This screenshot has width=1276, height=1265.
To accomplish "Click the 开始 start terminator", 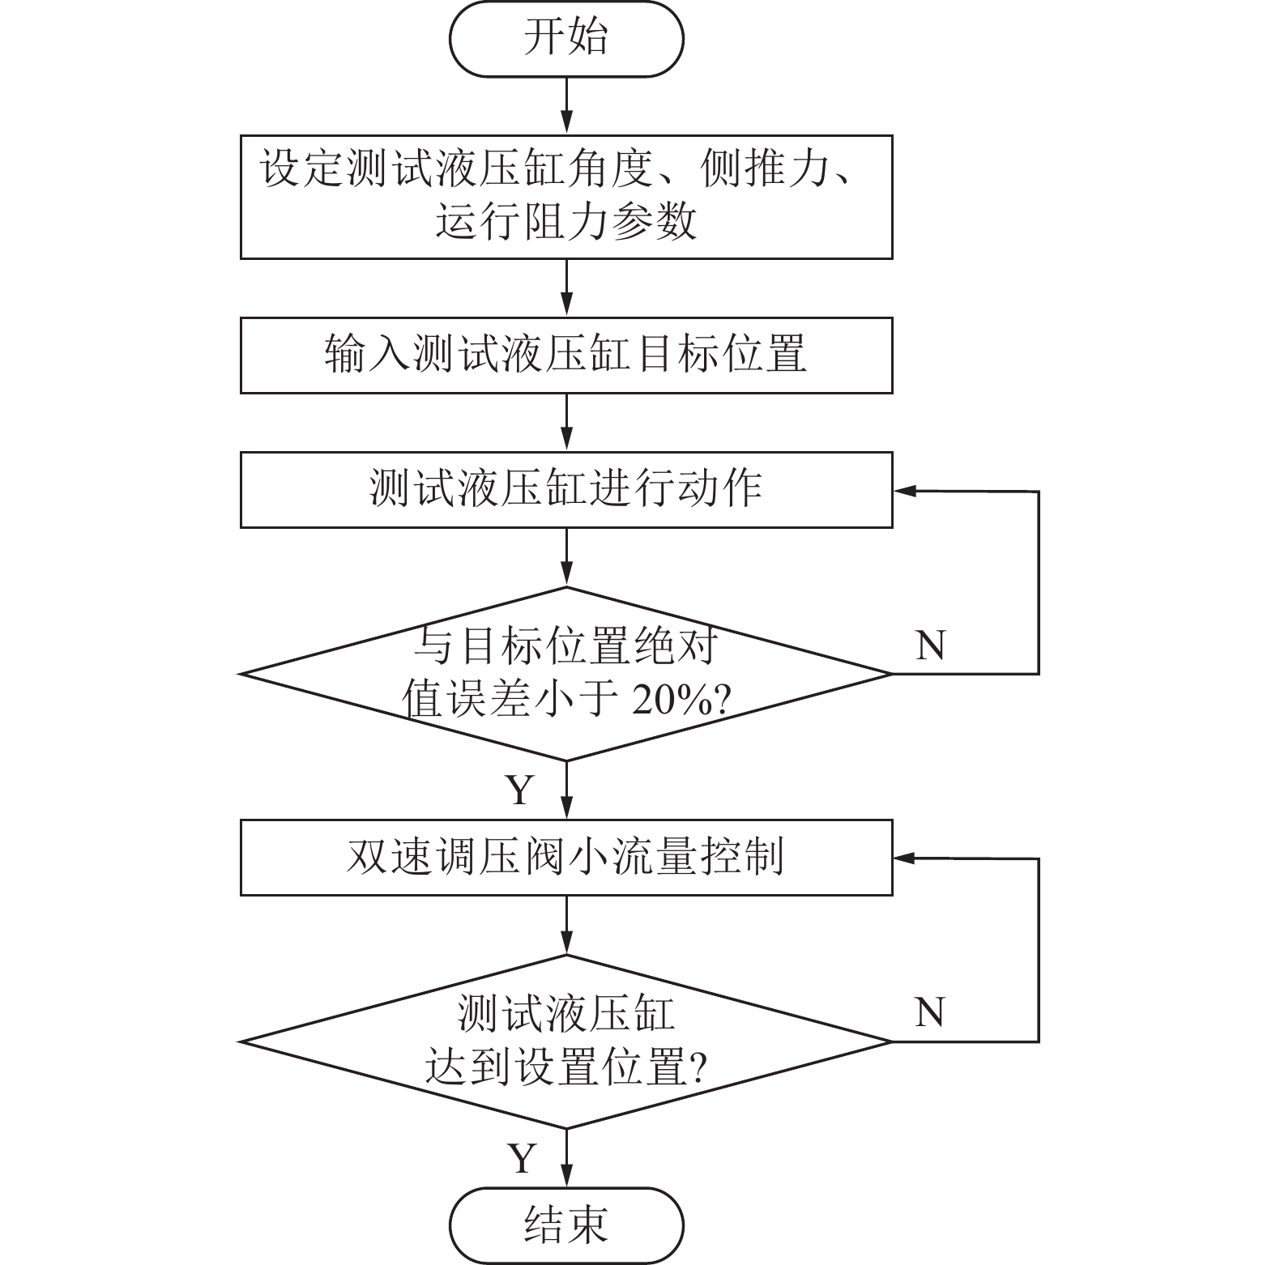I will coord(566,39).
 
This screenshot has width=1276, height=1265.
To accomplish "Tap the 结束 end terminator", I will coord(566,1225).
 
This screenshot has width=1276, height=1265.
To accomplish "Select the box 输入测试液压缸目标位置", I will coord(566,355).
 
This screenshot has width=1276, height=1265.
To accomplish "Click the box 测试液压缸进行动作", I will coord(566,489).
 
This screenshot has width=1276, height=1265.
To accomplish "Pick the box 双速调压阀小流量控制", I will coord(566,857).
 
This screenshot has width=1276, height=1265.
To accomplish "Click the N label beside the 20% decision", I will coord(930,645).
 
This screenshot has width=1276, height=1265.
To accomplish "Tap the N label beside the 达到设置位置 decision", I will coord(930,1012).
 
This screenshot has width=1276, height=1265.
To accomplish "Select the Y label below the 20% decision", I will coord(520,789).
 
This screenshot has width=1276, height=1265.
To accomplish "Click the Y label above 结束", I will coord(522,1158).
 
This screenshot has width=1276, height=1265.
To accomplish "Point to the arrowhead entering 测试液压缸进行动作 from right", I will coord(903,491).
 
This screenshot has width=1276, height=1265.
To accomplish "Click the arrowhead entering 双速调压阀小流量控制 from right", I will coord(903,858).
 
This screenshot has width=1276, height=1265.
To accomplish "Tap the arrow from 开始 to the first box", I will coord(566,106).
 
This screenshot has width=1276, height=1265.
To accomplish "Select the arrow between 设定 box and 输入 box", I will coord(566,287).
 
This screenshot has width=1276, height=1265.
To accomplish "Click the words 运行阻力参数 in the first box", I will coord(566,221).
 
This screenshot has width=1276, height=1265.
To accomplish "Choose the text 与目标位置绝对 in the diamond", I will coord(566,647).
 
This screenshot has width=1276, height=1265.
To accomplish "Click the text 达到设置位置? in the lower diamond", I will coord(566,1067).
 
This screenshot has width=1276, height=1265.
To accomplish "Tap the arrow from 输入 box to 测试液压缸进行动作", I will coord(566,422).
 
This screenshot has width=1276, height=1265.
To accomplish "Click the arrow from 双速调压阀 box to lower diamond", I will coord(566,925).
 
